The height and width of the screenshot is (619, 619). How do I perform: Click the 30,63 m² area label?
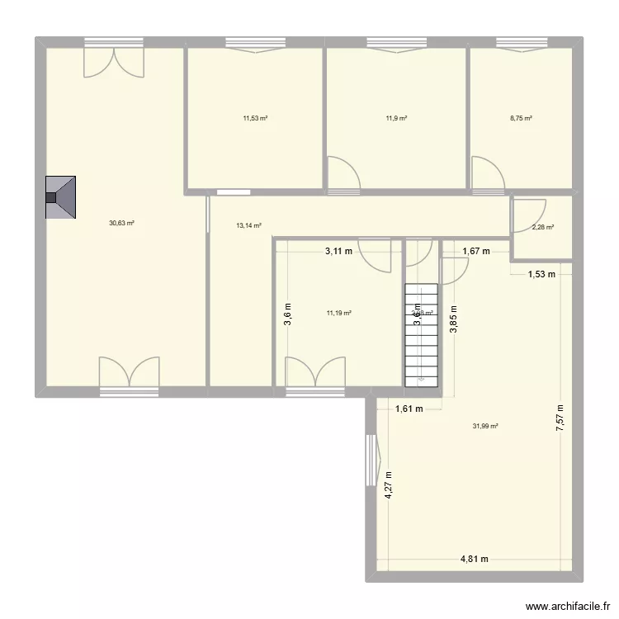[121, 223]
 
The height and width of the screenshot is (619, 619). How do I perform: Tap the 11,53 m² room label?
[255, 119]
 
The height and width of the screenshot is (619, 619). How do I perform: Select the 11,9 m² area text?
[396, 119]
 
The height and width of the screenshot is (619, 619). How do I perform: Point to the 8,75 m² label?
[521, 119]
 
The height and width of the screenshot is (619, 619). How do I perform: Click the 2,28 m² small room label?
[542, 229]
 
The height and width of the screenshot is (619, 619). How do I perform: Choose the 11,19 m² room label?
[339, 314]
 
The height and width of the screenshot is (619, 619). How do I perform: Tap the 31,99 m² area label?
[485, 427]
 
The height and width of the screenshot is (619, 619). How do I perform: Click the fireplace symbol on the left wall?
[61, 198]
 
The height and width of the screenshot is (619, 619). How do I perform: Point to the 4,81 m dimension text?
[475, 559]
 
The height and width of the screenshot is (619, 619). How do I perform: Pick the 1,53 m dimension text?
[542, 275]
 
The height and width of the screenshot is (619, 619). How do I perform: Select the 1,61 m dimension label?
[409, 409]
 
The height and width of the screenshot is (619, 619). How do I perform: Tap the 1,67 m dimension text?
[475, 252]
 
